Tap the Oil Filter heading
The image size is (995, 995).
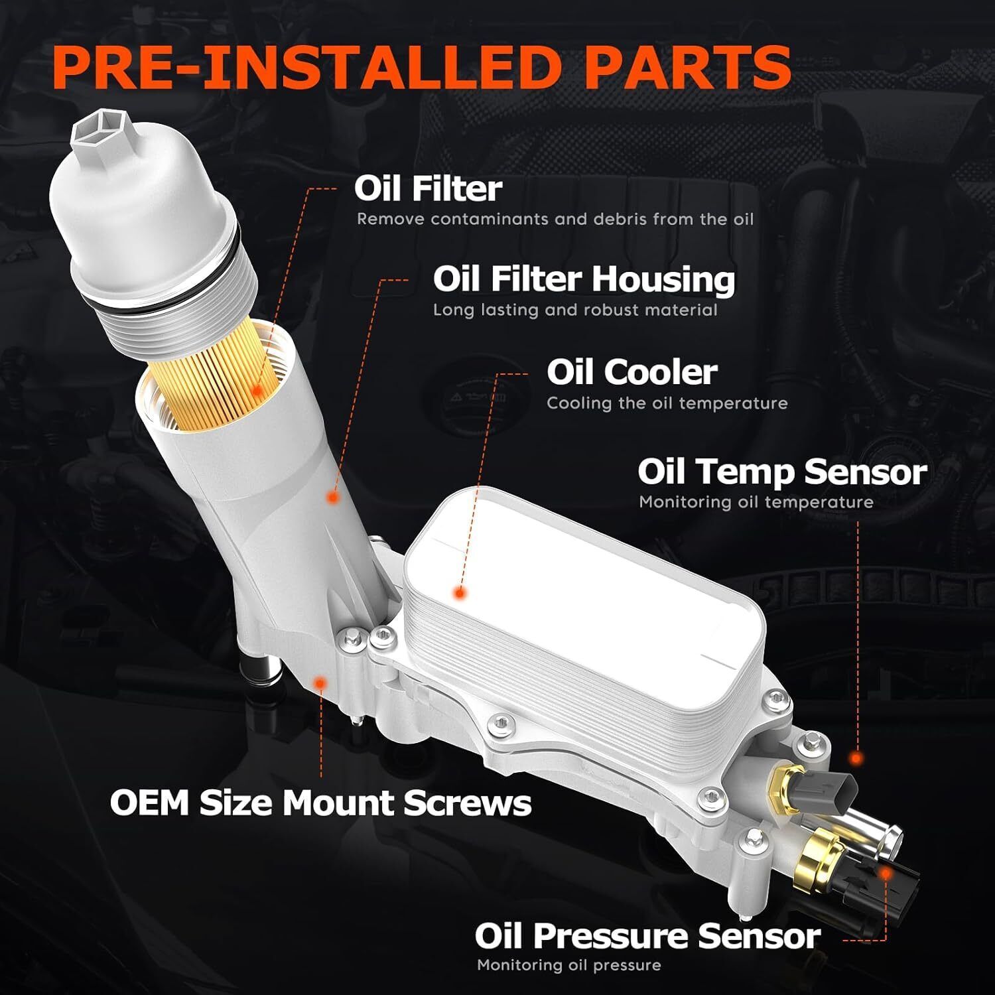pyautogui.click(x=428, y=188)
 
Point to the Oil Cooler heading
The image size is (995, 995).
pyautogui.click(x=631, y=372)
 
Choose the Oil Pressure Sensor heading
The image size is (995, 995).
pyautogui.click(x=647, y=936)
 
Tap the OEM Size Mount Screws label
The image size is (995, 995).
pyautogui.click(x=320, y=803)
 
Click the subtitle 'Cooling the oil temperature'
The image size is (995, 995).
pyautogui.click(x=667, y=403)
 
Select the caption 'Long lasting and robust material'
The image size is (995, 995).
pyautogui.click(x=575, y=310)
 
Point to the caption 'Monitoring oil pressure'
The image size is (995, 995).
pyautogui.click(x=568, y=965)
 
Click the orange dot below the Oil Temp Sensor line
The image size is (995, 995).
pyautogui.click(x=857, y=758)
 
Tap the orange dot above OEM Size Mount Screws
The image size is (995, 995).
pyautogui.click(x=321, y=682)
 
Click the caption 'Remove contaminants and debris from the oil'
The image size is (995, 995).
pyautogui.click(x=555, y=219)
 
